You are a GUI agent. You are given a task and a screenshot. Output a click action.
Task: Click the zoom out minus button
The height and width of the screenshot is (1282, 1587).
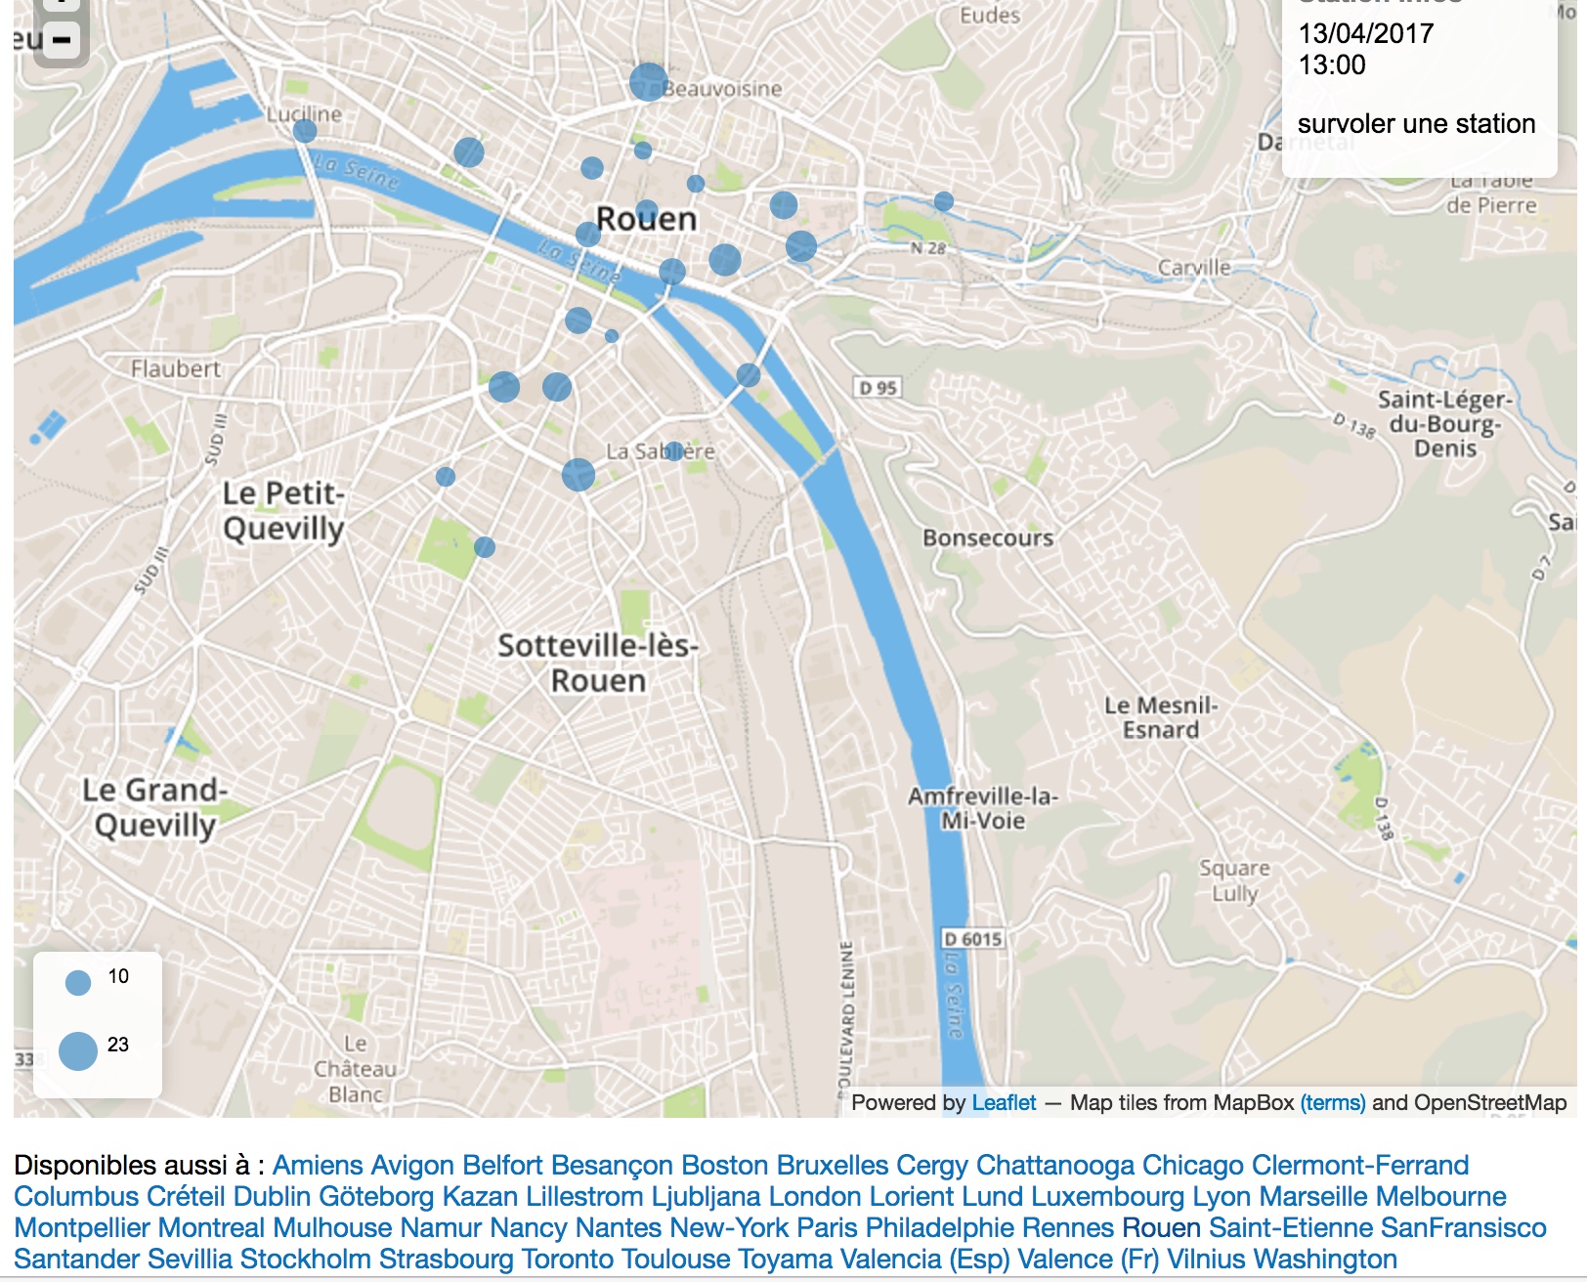[x=61, y=41]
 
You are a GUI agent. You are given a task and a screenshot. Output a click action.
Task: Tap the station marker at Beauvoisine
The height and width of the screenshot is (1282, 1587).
[x=648, y=82]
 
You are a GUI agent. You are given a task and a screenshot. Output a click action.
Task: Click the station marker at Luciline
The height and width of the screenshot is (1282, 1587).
[x=305, y=131]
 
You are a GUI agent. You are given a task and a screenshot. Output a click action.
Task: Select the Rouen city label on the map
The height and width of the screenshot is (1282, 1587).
[x=646, y=219]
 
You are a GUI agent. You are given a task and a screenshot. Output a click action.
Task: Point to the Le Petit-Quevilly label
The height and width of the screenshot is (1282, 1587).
[x=283, y=511]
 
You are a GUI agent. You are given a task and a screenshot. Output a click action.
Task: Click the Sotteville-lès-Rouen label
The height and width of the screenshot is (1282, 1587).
[x=597, y=662]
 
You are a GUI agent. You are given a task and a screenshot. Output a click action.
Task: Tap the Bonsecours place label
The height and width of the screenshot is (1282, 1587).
[x=987, y=538]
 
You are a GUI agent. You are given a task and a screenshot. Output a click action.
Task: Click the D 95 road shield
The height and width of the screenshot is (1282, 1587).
[x=878, y=388]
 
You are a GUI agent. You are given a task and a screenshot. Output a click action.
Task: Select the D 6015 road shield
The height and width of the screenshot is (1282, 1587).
[x=972, y=939]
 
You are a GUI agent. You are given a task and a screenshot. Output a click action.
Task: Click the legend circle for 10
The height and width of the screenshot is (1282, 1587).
[x=78, y=982]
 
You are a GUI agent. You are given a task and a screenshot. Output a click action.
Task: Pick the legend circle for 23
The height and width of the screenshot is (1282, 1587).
[x=78, y=1051]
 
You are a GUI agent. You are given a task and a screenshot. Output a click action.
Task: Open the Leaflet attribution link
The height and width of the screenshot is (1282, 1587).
[x=1003, y=1103]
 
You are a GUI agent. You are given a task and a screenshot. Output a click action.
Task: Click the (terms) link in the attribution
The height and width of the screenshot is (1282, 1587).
[x=1332, y=1103]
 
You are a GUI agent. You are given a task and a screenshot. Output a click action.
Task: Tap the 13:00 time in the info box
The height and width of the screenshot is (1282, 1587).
[x=1331, y=65]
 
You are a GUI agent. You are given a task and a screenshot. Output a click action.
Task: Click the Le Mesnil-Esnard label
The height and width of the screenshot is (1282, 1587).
[x=1160, y=718]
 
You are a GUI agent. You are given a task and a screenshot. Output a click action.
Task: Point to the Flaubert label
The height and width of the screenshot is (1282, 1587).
[x=176, y=369]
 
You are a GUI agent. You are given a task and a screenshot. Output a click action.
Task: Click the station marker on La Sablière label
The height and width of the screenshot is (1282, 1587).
[x=673, y=451]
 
